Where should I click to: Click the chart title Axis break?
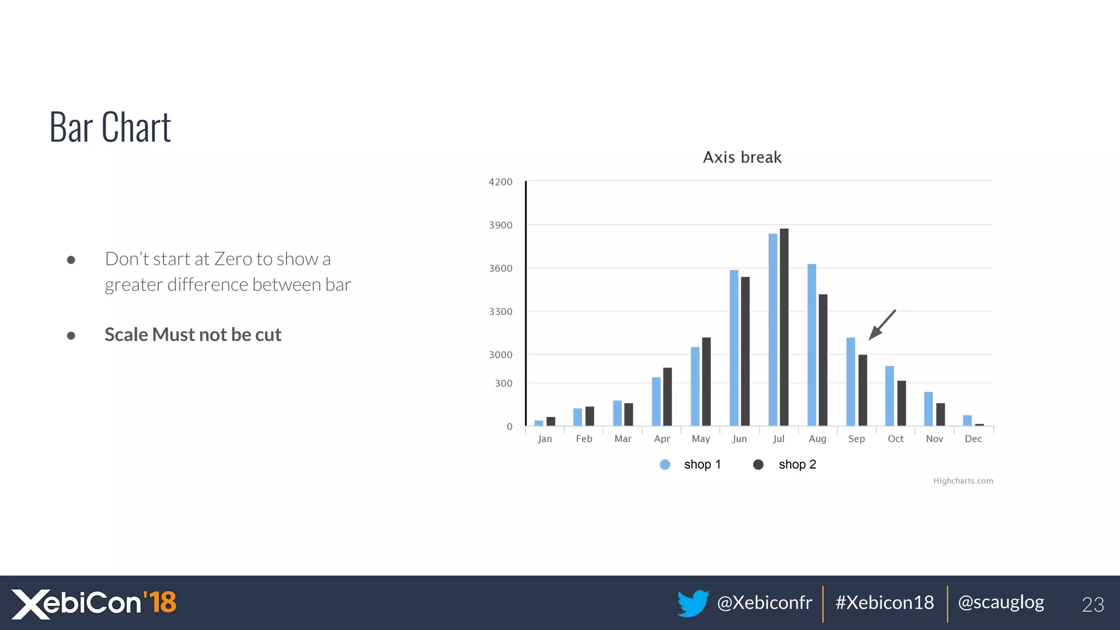(742, 157)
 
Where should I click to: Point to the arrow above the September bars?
(882, 325)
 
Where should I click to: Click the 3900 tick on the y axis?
(500, 225)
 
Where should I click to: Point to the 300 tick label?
(504, 383)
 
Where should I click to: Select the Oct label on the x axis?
(895, 439)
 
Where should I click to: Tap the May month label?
(701, 439)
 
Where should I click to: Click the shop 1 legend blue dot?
(665, 464)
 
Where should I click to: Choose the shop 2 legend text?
(797, 464)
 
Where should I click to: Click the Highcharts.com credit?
(962, 481)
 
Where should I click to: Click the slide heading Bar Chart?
(110, 127)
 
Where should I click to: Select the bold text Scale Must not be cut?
(192, 335)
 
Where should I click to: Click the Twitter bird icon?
(692, 603)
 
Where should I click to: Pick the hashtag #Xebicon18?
(884, 603)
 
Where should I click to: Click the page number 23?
(1093, 604)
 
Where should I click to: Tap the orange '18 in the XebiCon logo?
(160, 602)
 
